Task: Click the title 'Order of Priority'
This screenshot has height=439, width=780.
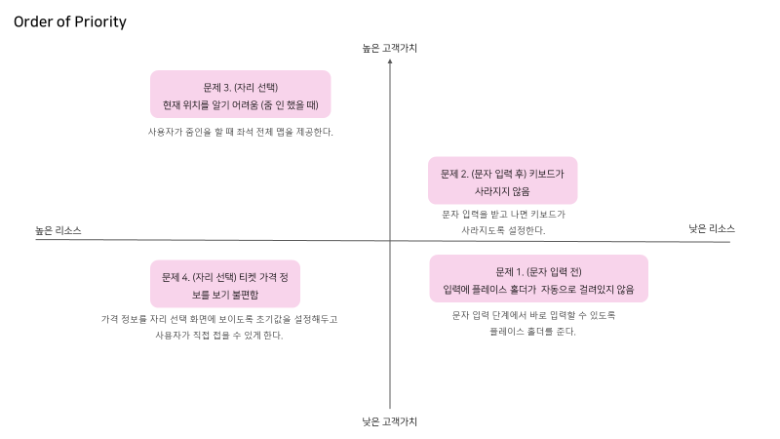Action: [70, 21]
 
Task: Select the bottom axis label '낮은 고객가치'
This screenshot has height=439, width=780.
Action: [390, 421]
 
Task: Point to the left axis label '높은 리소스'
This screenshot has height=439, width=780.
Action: [58, 231]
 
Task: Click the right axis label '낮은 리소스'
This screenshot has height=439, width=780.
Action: [712, 228]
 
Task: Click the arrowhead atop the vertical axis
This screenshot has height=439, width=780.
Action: [390, 61]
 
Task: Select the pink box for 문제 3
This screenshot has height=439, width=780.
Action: [240, 94]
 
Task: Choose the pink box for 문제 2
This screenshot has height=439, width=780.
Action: [502, 181]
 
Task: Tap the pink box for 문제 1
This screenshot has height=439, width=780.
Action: [538, 279]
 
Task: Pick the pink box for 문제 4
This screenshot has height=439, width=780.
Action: [224, 283]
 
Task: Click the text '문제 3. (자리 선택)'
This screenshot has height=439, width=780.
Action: [241, 86]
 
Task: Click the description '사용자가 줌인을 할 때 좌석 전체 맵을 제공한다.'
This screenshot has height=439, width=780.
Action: [241, 132]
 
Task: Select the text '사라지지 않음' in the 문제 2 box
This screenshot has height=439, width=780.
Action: [502, 191]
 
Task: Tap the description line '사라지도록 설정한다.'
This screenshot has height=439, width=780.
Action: [503, 230]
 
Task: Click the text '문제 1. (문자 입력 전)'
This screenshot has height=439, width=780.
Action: [539, 271]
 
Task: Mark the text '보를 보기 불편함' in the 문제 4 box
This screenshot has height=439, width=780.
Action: [225, 293]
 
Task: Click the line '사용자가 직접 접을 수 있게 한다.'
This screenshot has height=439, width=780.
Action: [219, 336]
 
